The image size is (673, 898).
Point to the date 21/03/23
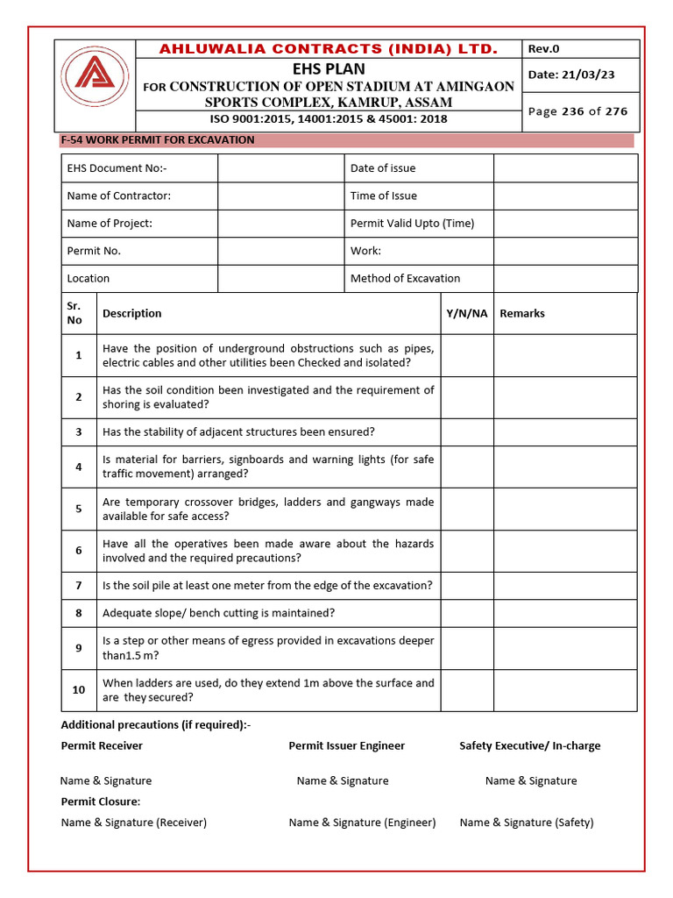click(x=570, y=75)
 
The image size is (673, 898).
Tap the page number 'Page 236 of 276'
click(x=577, y=111)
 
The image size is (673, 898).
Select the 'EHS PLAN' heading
click(x=329, y=68)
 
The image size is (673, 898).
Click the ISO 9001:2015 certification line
click(x=328, y=119)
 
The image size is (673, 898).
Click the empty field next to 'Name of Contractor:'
click(x=280, y=196)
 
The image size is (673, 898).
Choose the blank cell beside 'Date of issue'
click(x=565, y=168)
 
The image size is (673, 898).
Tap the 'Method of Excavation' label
click(x=405, y=278)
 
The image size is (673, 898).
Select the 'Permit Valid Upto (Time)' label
click(x=412, y=223)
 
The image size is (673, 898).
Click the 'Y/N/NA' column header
click(x=467, y=313)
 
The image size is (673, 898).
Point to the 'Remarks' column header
click(x=522, y=313)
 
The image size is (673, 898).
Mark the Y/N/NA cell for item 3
click(x=467, y=432)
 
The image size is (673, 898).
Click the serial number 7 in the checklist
click(x=79, y=586)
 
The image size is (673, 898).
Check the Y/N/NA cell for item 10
click(x=467, y=690)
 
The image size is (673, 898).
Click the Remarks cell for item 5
click(x=565, y=509)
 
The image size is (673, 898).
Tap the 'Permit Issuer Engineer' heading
click(x=347, y=745)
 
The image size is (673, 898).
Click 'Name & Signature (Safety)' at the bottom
click(x=526, y=823)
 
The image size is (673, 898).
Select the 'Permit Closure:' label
click(x=101, y=802)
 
